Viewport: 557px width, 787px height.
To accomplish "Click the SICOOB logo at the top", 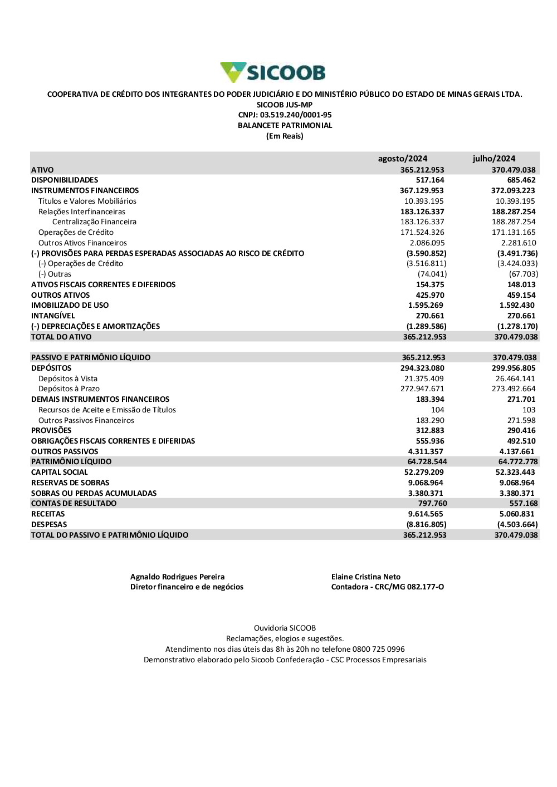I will click(273, 72).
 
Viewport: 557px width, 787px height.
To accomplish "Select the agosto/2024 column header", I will click(402, 159).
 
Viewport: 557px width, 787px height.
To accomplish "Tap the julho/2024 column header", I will click(494, 159).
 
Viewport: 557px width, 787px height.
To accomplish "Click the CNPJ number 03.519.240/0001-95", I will click(296, 115).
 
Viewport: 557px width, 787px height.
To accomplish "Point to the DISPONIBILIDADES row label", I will click(65, 180).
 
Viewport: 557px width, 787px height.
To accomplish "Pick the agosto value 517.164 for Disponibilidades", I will click(430, 180).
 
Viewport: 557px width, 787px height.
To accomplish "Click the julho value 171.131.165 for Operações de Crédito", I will click(513, 233).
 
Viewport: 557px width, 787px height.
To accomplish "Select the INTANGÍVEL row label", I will click(53, 316).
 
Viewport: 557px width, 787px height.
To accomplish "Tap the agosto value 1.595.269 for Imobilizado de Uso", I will click(426, 306).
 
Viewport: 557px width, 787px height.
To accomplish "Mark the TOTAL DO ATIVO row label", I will click(61, 337).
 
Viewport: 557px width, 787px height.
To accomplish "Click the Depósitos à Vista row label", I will click(68, 379).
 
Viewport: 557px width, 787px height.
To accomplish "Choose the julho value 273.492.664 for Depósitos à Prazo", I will click(513, 389).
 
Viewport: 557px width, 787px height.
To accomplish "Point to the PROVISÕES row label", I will click(51, 431).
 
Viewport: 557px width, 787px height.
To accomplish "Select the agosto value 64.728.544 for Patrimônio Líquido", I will click(427, 462).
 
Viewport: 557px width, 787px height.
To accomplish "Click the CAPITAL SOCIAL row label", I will click(60, 473).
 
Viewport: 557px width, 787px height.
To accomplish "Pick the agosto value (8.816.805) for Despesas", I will click(426, 525).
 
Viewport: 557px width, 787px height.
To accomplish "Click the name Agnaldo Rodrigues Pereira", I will click(177, 577).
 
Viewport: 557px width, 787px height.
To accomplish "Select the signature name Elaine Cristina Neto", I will click(365, 577).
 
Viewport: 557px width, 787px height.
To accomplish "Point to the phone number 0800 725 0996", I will click(378, 650).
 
